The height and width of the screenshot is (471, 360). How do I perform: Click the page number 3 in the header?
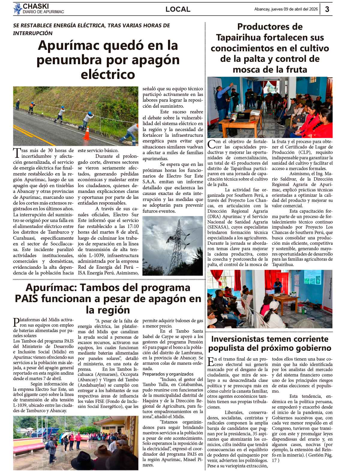tap(327, 9)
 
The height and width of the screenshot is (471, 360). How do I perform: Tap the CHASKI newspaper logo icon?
tap(17, 9)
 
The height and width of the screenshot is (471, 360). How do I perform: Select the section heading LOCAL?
tap(178, 9)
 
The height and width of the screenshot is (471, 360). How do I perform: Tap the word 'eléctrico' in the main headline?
tap(108, 74)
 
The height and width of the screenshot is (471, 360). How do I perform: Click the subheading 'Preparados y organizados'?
tap(168, 374)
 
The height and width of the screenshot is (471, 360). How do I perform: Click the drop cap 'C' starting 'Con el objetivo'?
tap(211, 144)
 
